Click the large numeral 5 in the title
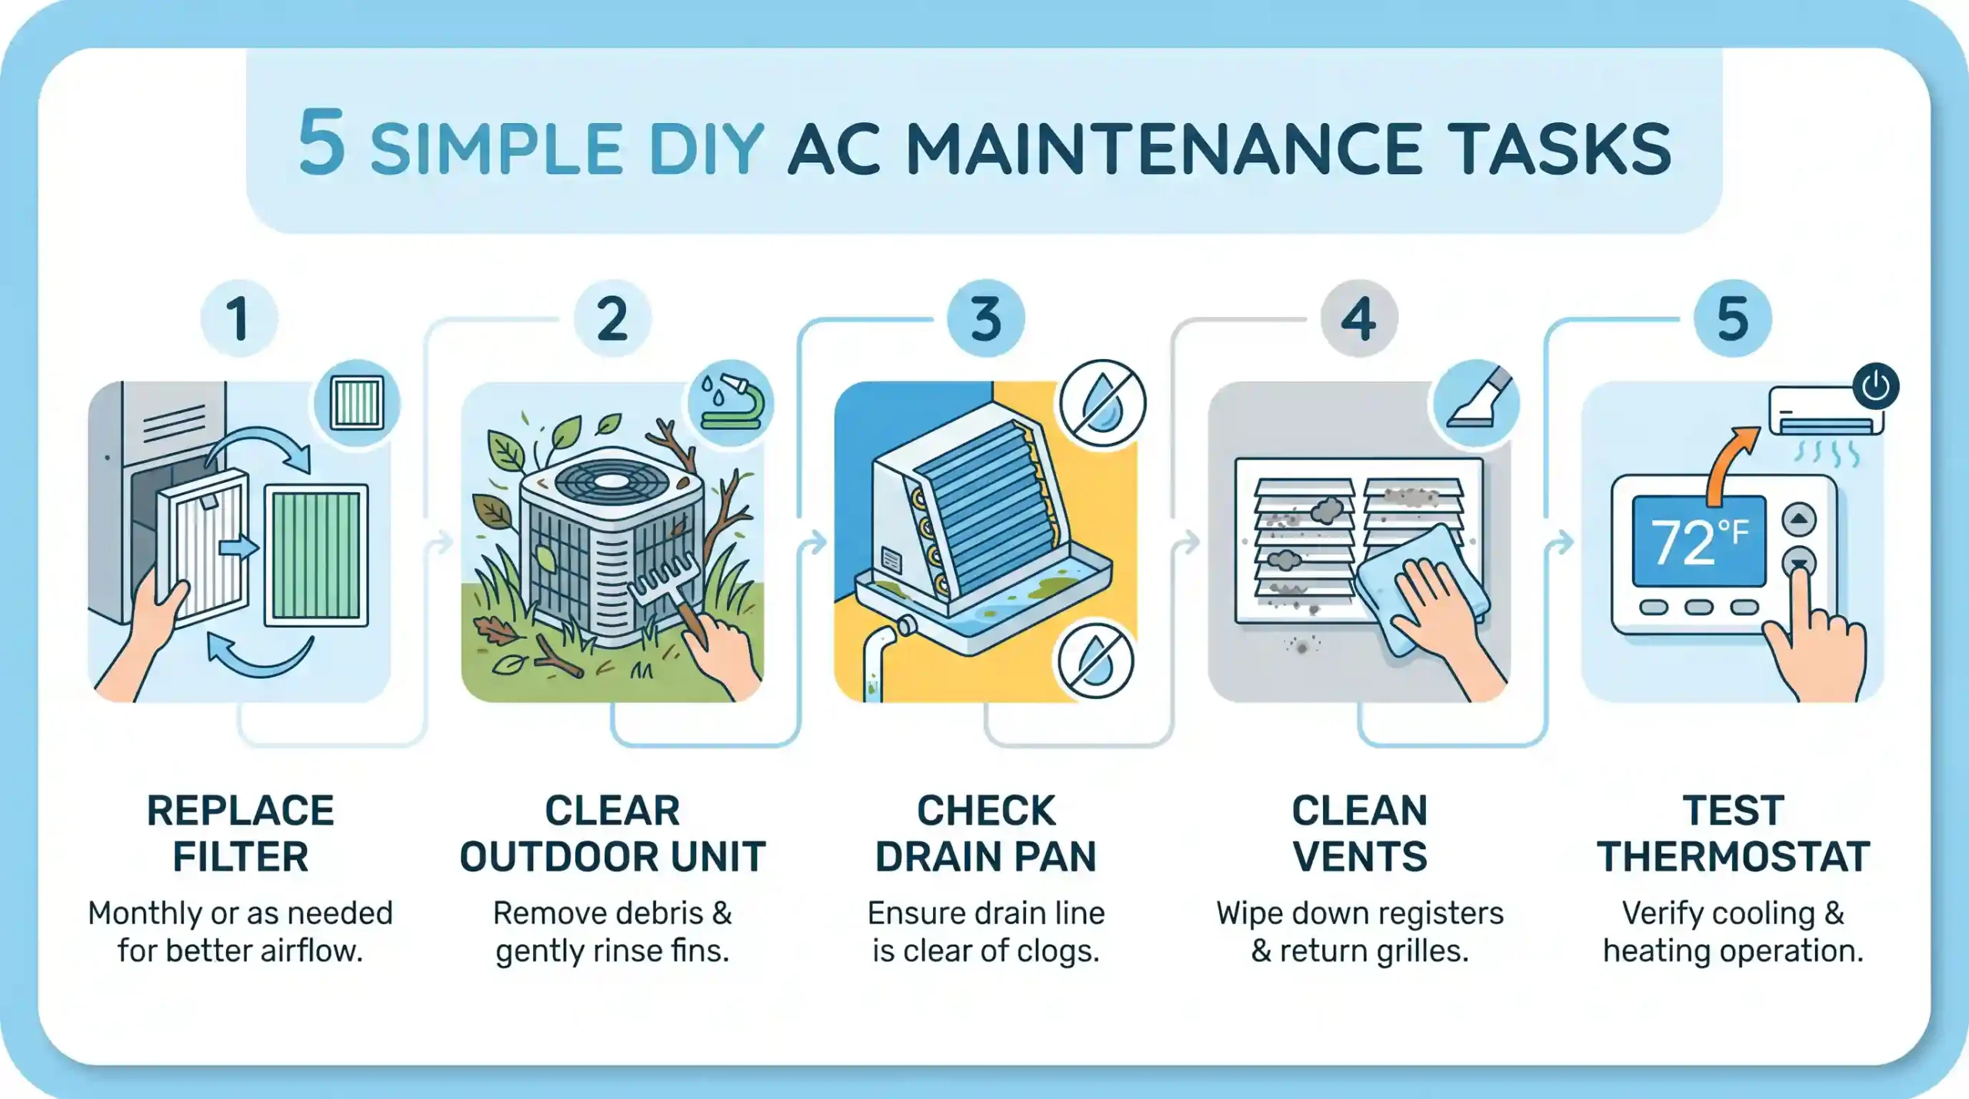click(x=322, y=142)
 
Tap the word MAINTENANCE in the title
click(x=1163, y=150)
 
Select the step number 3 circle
click(x=985, y=318)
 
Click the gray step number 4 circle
click(x=1358, y=318)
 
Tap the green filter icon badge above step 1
click(x=357, y=402)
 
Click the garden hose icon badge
click(x=730, y=403)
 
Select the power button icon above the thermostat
click(x=1875, y=385)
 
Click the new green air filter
click(x=317, y=555)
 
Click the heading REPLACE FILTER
click(x=240, y=834)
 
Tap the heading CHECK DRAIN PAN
click(x=985, y=834)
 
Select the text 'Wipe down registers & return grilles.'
click(x=1359, y=932)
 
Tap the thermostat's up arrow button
click(x=1799, y=519)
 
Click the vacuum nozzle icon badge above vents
click(x=1476, y=402)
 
